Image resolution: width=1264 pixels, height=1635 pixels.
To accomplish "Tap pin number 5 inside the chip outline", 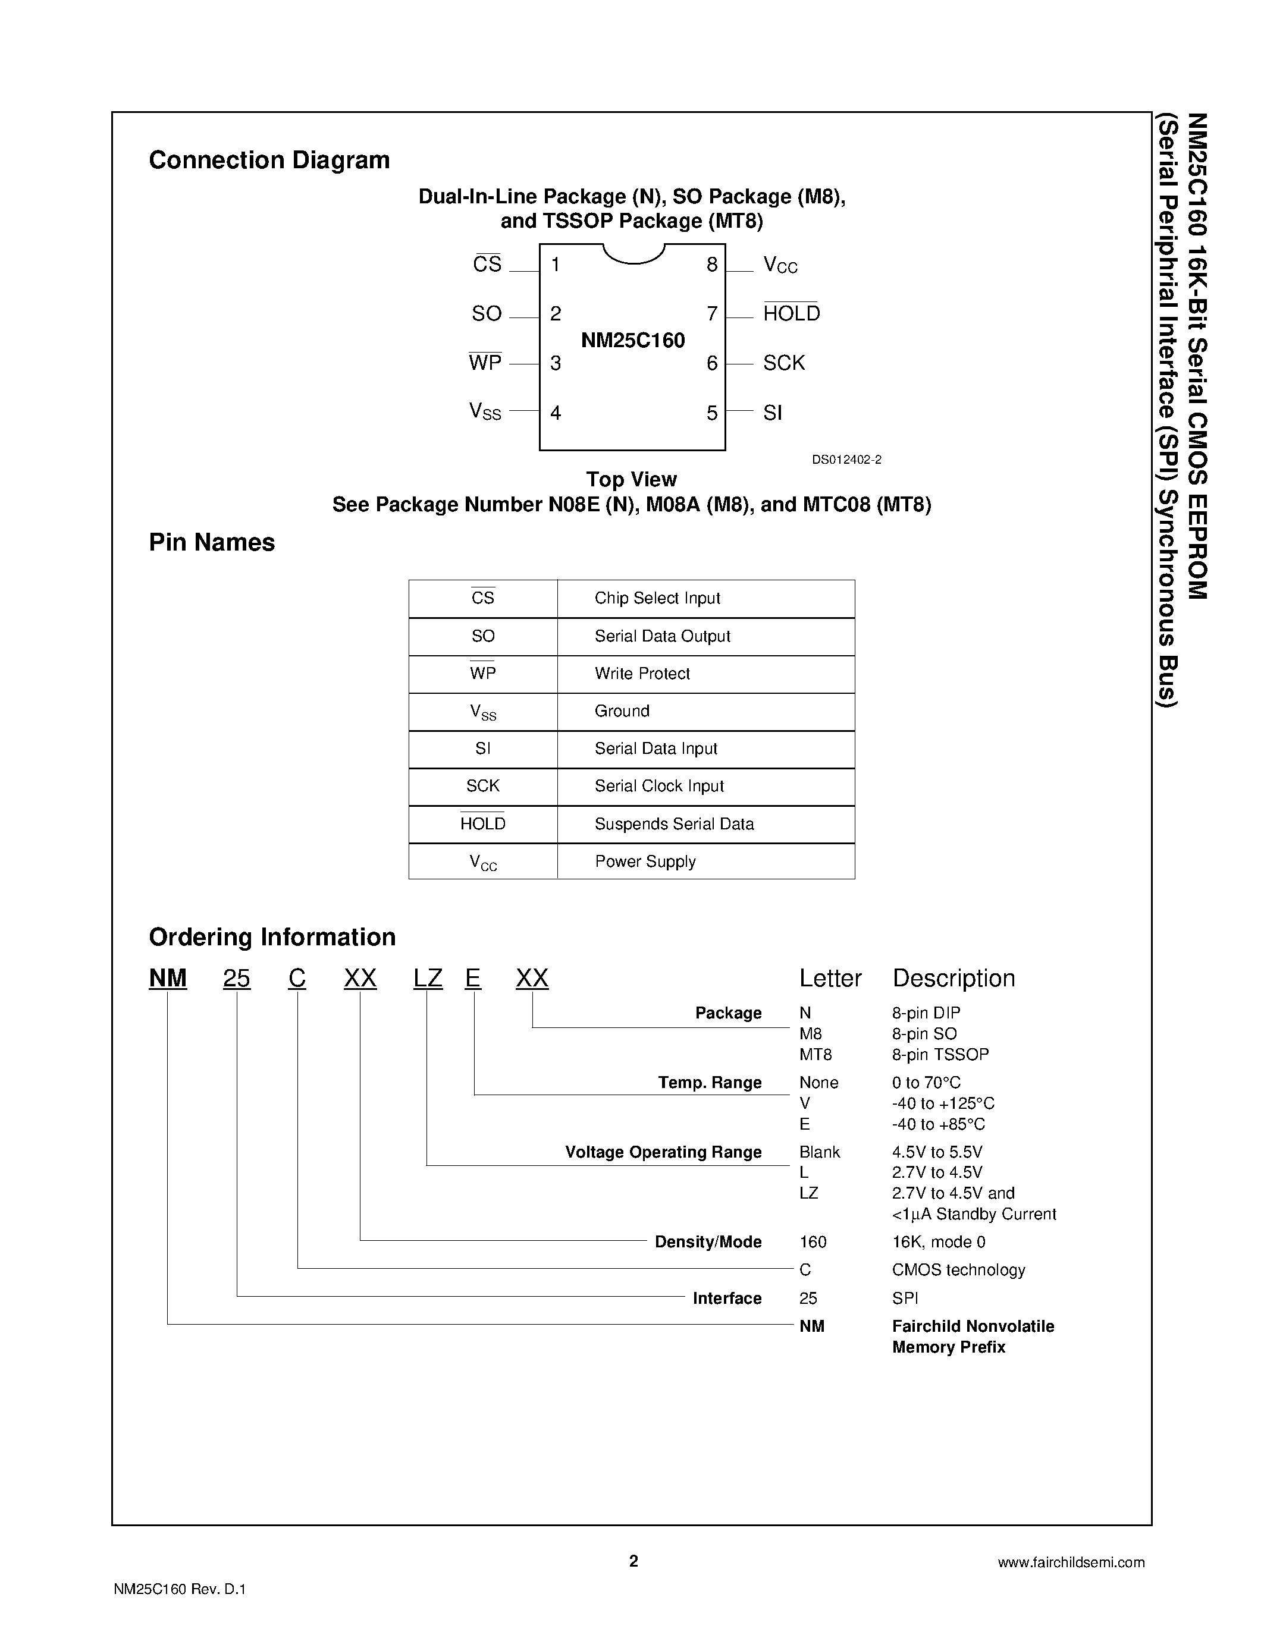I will click(711, 413).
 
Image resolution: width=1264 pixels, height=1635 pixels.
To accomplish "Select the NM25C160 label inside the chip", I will click(633, 341).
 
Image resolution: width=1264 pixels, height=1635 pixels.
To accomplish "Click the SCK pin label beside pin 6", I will click(783, 363).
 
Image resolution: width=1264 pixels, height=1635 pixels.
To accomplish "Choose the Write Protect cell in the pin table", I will click(642, 674).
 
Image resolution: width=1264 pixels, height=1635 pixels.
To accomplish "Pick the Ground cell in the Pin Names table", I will click(622, 711).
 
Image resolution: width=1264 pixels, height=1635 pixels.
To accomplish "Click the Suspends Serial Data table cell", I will click(674, 824).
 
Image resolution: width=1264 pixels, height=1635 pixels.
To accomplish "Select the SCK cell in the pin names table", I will click(482, 786).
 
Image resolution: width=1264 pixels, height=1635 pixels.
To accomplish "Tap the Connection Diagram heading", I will click(269, 160).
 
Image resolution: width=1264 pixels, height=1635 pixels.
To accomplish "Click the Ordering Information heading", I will click(272, 937).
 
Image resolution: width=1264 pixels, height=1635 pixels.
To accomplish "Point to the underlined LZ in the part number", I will click(428, 979).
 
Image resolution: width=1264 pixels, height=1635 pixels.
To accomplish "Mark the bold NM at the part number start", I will click(168, 979).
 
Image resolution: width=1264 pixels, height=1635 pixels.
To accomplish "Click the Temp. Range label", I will click(709, 1083).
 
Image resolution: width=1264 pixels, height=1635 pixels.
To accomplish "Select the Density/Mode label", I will click(708, 1242).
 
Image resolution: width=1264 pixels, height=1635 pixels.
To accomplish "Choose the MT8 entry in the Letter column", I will click(816, 1055).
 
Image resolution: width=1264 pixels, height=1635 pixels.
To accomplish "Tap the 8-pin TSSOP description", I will click(940, 1055).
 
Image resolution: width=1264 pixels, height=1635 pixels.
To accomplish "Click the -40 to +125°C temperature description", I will click(943, 1103).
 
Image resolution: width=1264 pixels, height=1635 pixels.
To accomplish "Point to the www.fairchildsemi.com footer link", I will click(1071, 1562).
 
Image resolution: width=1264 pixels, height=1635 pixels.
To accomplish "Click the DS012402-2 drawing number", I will click(846, 460).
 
